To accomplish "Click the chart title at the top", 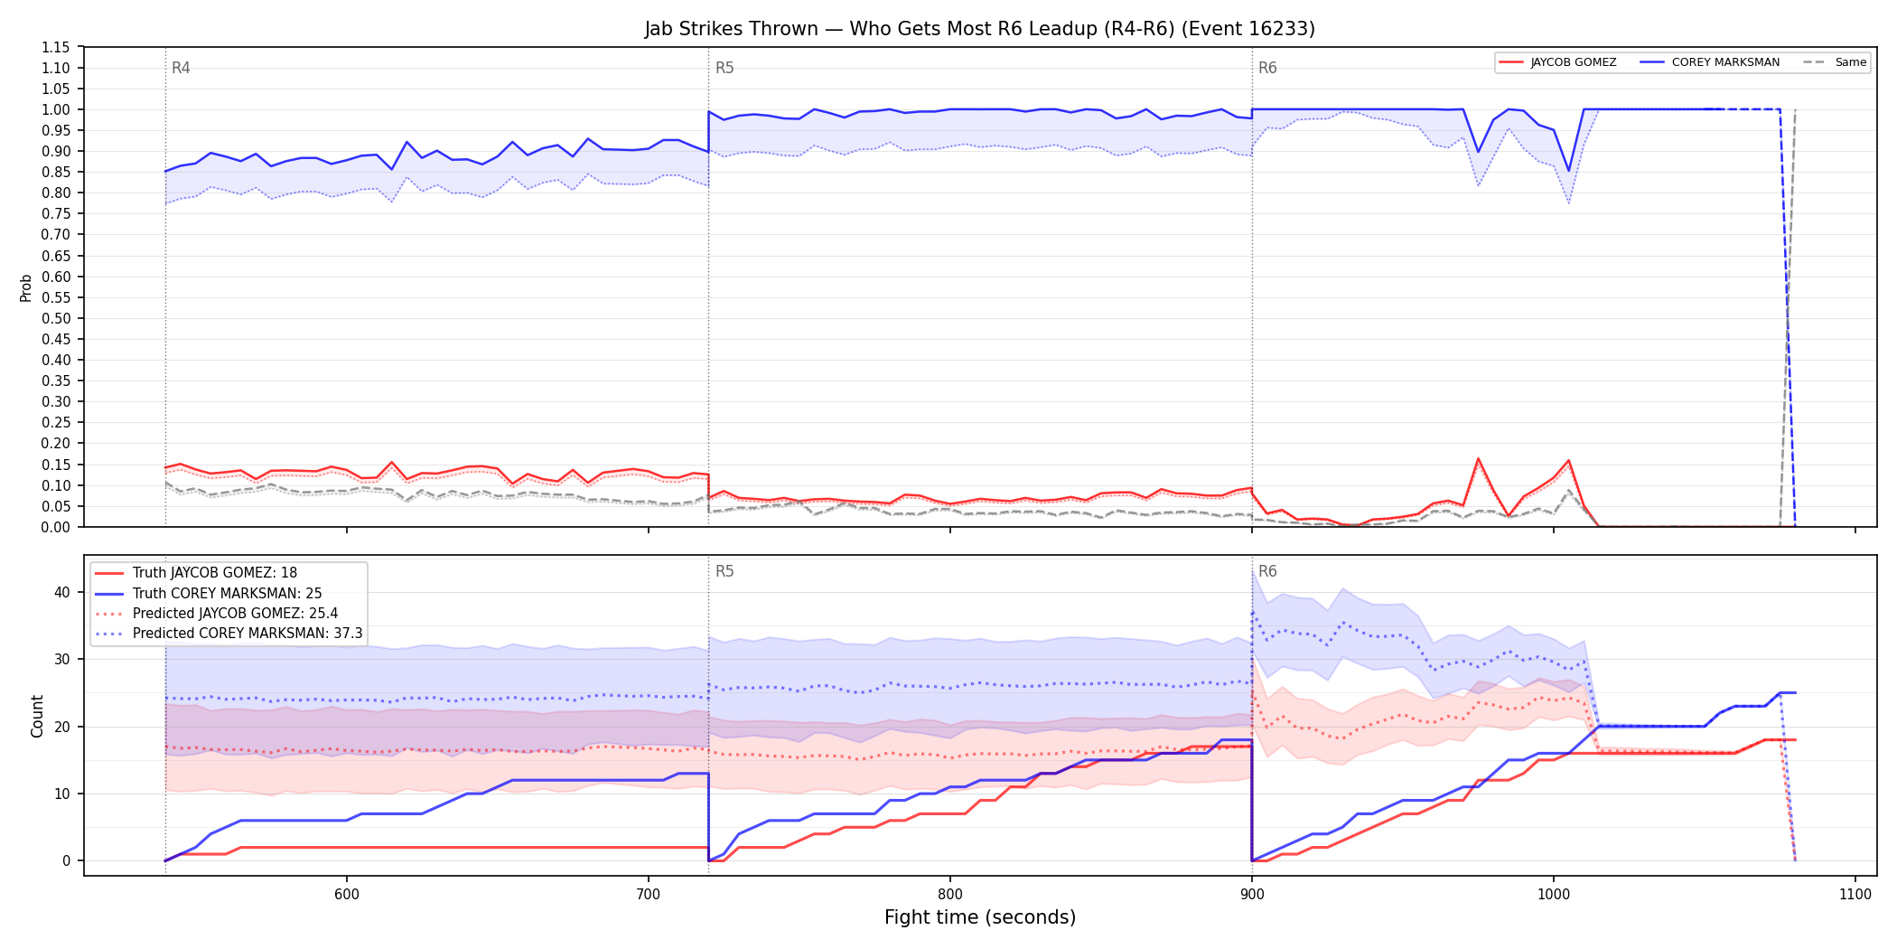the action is [979, 28].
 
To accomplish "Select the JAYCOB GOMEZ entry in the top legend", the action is [1573, 62].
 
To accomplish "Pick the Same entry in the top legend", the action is [1850, 62].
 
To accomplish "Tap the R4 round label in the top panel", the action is [181, 68].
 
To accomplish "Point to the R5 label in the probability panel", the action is [724, 68].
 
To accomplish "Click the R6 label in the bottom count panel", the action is [1267, 571].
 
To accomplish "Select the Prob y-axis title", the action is [26, 287].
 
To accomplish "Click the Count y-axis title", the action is [37, 716].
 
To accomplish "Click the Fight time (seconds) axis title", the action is [979, 917].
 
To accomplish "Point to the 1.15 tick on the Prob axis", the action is [56, 47].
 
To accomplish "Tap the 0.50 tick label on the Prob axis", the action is [56, 318].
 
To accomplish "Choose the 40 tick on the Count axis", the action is [61, 592].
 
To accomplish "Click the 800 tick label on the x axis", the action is [949, 894].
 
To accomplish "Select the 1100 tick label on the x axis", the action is [1855, 894].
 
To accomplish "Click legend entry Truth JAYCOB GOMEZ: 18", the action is [215, 573].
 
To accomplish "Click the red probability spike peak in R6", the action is [1478, 458].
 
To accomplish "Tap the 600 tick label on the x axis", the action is [346, 894].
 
